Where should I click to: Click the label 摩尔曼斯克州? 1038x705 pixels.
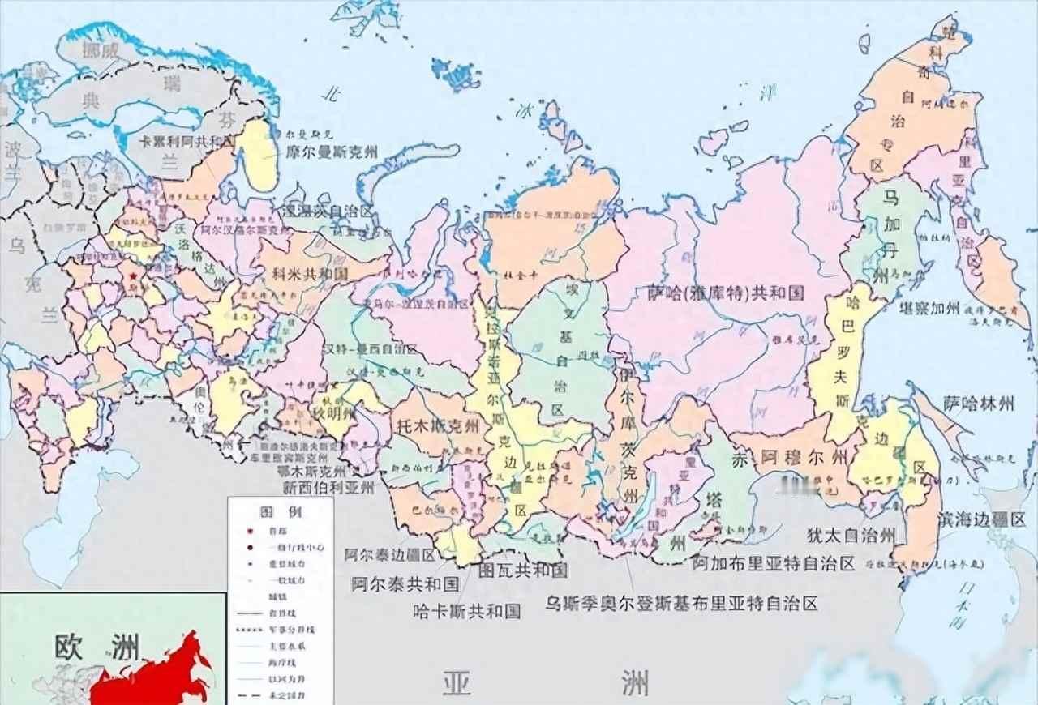[332, 152]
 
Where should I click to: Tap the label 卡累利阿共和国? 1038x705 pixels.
[187, 140]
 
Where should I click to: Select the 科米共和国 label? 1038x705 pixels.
[311, 274]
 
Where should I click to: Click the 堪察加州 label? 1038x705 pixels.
[930, 309]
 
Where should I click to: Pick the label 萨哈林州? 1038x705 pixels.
[979, 402]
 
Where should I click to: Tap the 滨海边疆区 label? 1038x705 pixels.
[982, 519]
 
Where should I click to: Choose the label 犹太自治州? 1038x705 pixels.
[851, 536]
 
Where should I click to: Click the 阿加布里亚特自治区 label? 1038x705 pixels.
[774, 562]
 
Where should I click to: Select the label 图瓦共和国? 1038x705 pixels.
[523, 570]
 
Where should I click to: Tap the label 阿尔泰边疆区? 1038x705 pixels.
[389, 555]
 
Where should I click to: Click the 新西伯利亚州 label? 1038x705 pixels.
[328, 488]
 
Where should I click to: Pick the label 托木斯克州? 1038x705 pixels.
[438, 424]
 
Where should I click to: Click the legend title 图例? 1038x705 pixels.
[270, 512]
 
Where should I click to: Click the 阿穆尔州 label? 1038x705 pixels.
[804, 459]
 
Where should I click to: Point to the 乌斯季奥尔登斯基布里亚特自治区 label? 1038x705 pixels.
[681, 604]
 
